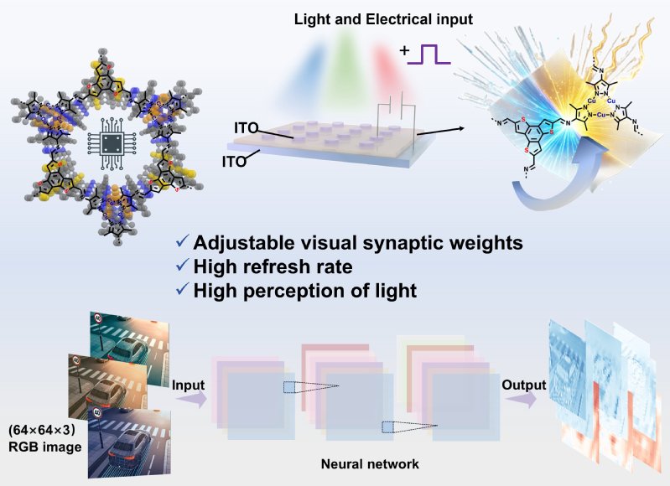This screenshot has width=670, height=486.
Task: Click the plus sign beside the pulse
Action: (406, 52)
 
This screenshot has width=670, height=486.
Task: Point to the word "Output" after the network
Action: (524, 385)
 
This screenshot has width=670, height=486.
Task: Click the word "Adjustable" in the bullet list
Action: (237, 244)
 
